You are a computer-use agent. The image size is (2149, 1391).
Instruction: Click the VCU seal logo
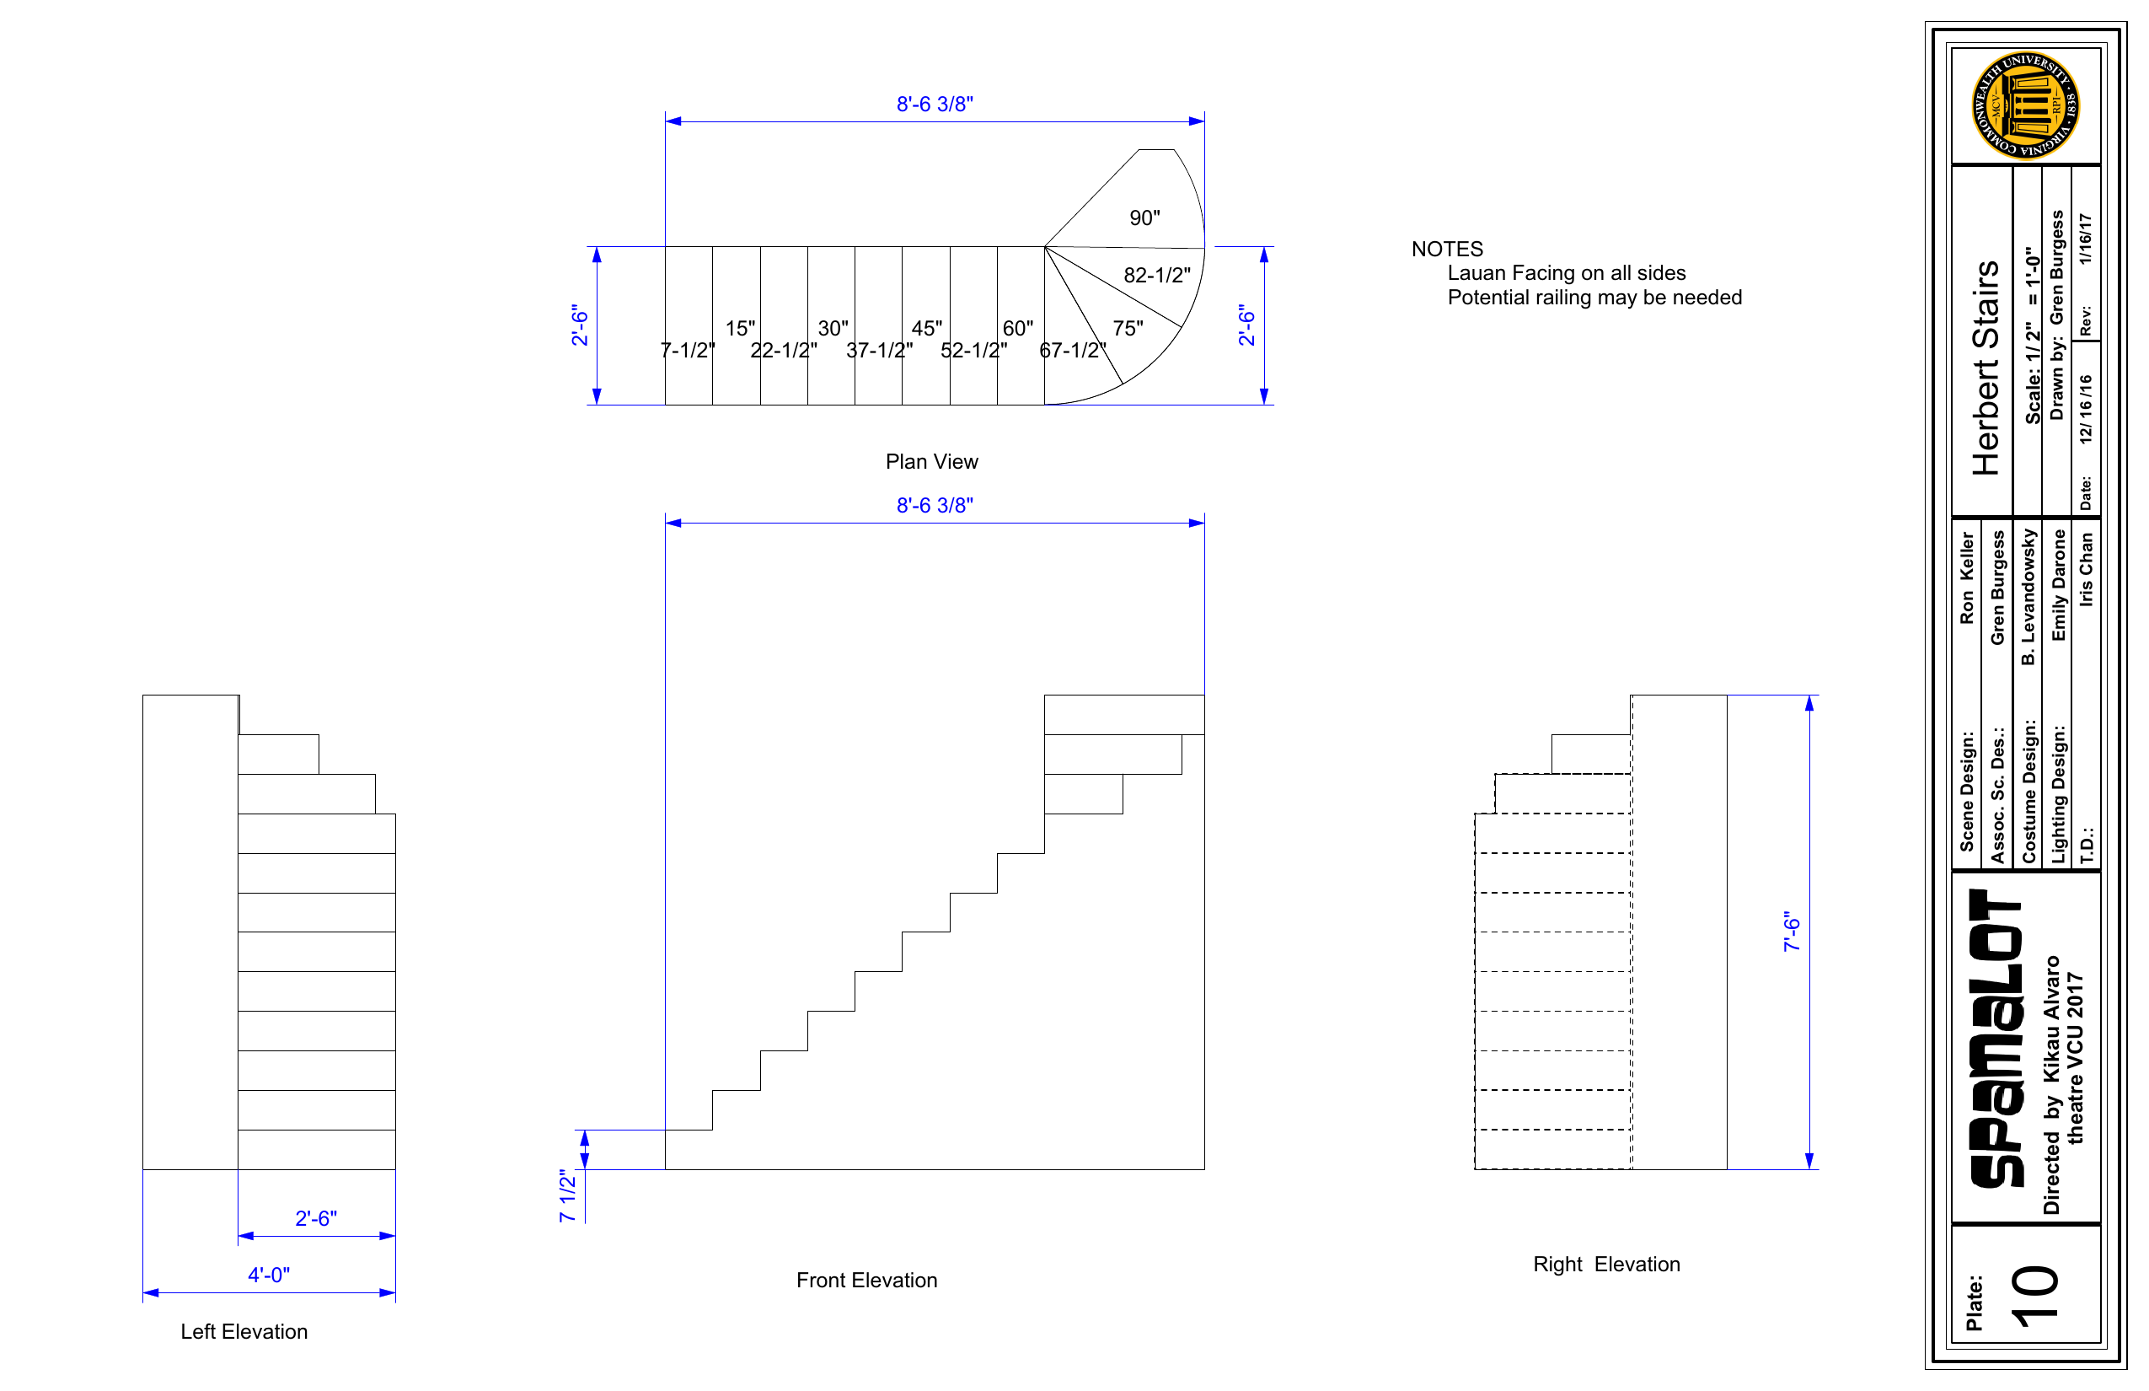coord(2025,105)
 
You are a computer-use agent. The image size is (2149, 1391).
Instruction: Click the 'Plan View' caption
coord(931,462)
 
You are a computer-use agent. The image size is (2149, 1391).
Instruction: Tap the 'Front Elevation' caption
coord(867,1280)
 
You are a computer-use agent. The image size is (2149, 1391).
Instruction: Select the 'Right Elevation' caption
coord(1606,1264)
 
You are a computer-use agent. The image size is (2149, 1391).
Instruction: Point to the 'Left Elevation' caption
coord(244,1331)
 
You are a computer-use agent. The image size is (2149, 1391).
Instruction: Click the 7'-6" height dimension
coord(1792,932)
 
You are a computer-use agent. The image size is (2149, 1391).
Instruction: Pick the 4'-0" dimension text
coord(269,1275)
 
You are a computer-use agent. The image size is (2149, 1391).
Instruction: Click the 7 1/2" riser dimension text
coord(567,1196)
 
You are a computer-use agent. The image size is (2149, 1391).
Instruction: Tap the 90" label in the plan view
coord(1145,218)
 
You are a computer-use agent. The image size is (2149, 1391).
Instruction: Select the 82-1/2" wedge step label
coord(1156,275)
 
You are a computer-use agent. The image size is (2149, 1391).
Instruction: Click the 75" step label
coord(1128,328)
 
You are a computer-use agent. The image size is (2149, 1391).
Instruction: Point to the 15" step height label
coord(741,328)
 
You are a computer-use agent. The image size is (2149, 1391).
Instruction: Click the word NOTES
coord(1448,250)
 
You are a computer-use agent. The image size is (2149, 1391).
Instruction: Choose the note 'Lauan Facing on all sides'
coord(1567,273)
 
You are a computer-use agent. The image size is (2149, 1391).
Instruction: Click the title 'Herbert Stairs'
coord(1986,368)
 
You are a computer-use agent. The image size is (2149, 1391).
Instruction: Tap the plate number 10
coord(2035,1297)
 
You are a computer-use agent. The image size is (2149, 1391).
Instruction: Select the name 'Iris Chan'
coord(2086,569)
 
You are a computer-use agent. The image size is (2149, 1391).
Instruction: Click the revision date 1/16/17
coord(2085,239)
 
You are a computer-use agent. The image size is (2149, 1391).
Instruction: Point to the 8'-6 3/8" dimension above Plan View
coord(935,104)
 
